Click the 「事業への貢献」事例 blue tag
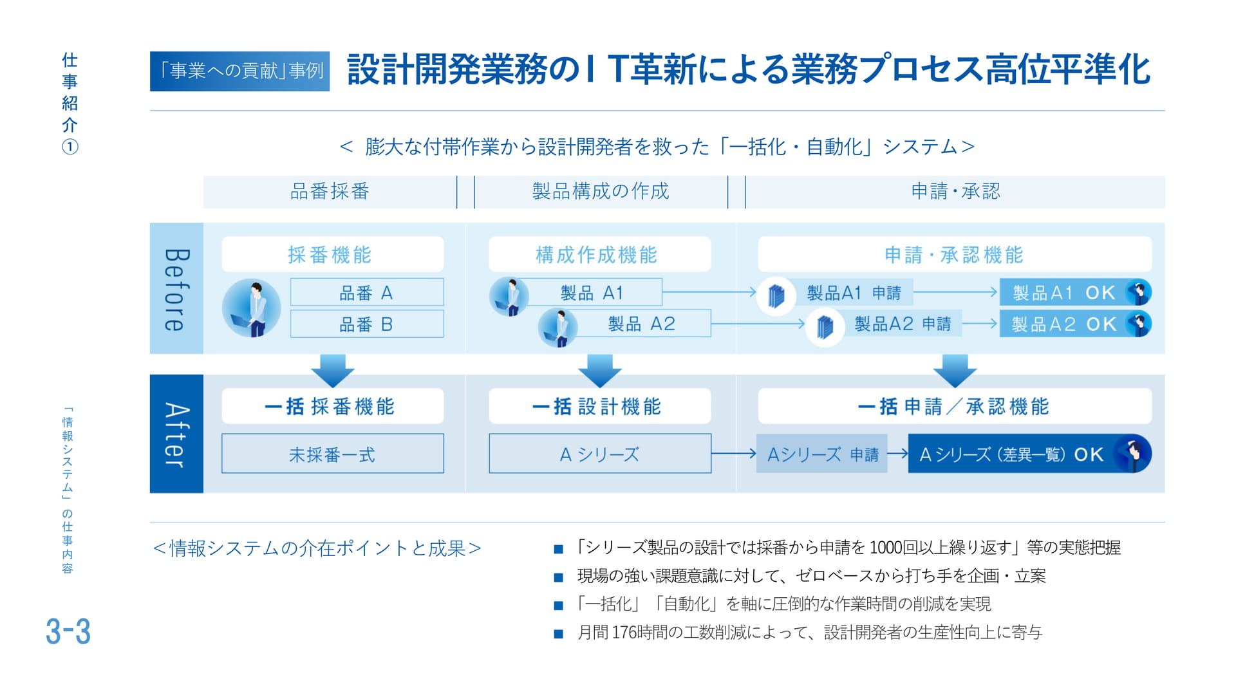239,71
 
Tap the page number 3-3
68,631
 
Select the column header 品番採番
330,191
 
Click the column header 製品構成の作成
601,191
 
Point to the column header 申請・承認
955,191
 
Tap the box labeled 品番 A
366,293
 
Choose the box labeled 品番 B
366,324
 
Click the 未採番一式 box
332,454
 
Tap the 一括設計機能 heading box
599,406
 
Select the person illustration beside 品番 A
252,308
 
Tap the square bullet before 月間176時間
558,634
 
